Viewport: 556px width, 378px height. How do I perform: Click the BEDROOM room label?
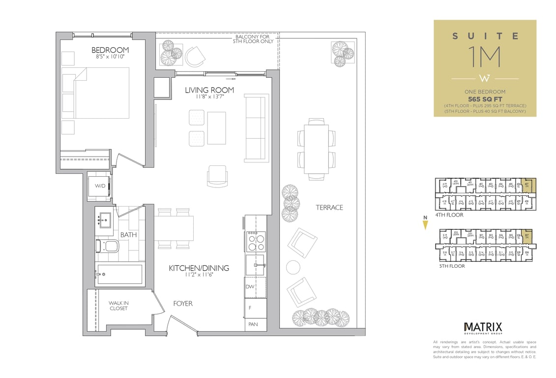point(110,50)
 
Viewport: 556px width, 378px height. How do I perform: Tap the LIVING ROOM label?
point(209,90)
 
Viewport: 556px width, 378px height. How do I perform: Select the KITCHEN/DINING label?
point(199,268)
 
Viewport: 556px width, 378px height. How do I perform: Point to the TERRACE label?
point(329,207)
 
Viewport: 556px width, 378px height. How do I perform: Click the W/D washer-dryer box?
point(100,186)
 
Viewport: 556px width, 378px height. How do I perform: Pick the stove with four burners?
point(255,242)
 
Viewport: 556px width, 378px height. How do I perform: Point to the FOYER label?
point(182,304)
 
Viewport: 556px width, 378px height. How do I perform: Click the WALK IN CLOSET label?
point(118,306)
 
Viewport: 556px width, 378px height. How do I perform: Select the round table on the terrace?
point(293,267)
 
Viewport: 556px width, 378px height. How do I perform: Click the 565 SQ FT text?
point(485,98)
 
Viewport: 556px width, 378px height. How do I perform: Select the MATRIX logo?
point(483,327)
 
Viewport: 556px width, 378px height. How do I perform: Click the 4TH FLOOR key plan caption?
point(449,215)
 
